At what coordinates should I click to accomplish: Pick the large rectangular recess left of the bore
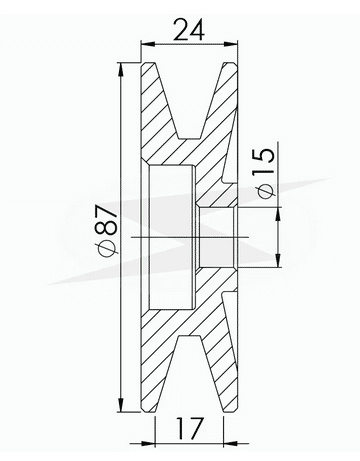(171, 237)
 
